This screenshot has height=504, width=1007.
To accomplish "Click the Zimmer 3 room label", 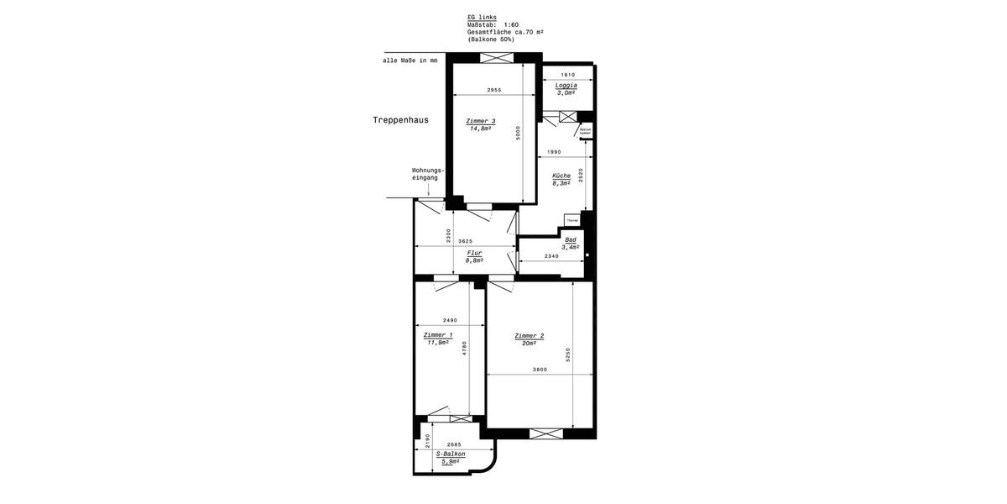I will pyautogui.click(x=482, y=121).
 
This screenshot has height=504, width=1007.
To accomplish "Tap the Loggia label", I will pyautogui.click(x=566, y=86).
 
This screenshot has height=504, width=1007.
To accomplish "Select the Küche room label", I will pyautogui.click(x=561, y=176).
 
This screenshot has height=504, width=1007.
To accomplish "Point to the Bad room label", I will pyautogui.click(x=571, y=239).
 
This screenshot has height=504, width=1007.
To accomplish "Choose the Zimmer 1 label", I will pyautogui.click(x=438, y=335).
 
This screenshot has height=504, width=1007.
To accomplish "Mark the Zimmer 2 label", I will pyautogui.click(x=530, y=336).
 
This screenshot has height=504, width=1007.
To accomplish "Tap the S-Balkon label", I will pyautogui.click(x=450, y=454).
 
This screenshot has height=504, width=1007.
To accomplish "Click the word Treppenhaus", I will pyautogui.click(x=400, y=120).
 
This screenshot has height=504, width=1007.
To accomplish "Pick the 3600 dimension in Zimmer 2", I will pyautogui.click(x=540, y=370).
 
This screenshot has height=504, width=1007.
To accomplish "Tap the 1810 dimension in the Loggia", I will pyautogui.click(x=567, y=75).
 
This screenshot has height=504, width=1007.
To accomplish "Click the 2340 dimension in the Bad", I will pyautogui.click(x=552, y=255).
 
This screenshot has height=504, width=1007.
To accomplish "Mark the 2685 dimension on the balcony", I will pyautogui.click(x=454, y=444).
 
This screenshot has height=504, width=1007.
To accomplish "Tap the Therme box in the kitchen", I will pyautogui.click(x=572, y=221).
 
